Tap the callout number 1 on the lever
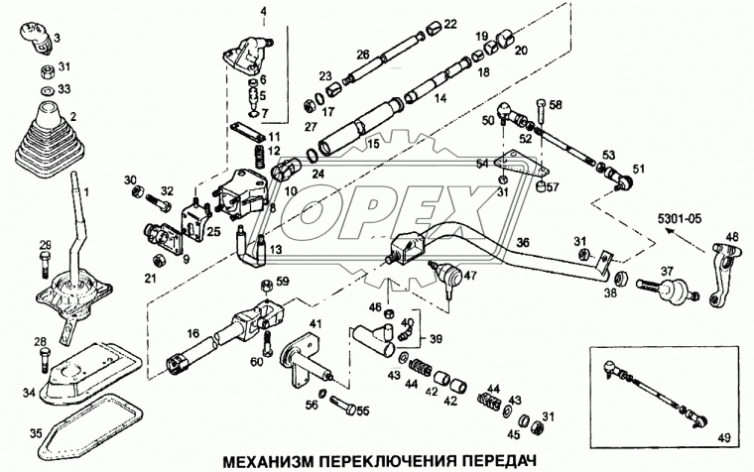pyautogui.click(x=84, y=190)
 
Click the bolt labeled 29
pyautogui.click(x=45, y=265)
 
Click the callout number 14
pyautogui.click(x=440, y=99)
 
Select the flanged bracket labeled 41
pyautogui.click(x=302, y=358)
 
